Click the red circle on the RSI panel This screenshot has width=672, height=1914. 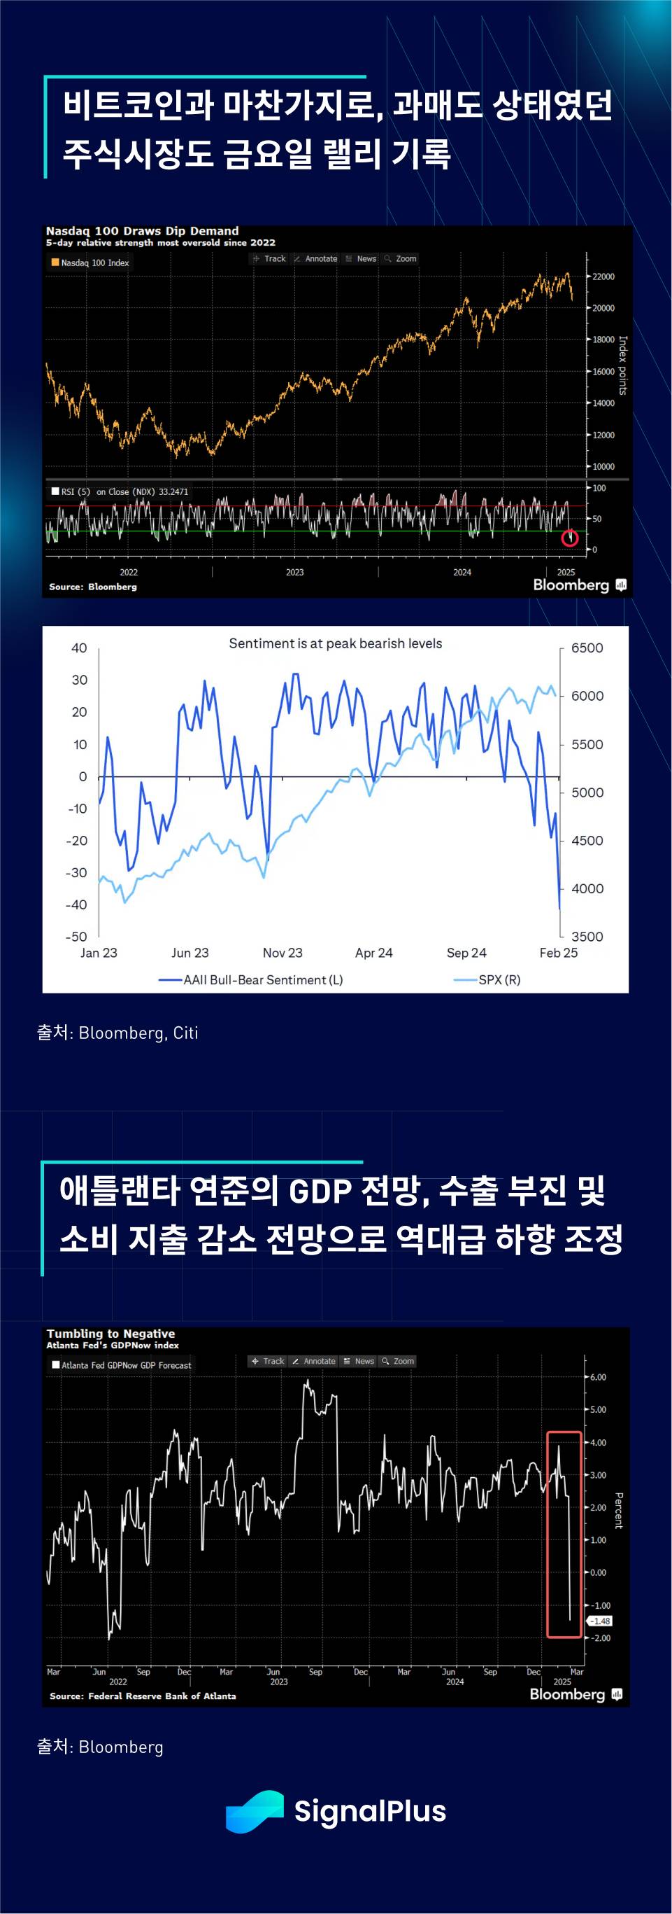coord(569,537)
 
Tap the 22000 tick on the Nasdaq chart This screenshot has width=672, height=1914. coord(602,277)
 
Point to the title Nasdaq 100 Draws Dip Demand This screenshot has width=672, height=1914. coord(142,230)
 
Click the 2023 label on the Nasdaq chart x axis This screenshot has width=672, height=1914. coord(295,572)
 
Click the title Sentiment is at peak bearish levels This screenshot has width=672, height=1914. coord(335,643)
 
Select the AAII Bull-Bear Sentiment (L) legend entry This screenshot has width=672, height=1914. coord(252,979)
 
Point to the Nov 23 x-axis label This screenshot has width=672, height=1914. coord(283,953)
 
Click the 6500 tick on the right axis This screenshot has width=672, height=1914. coord(587,648)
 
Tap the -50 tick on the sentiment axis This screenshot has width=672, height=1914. coord(76,937)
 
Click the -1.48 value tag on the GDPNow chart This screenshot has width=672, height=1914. coord(600,1621)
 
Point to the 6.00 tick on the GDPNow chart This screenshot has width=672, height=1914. coord(598,1377)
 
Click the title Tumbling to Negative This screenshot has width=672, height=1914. coord(110,1333)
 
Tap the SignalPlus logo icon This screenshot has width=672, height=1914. coord(254,1810)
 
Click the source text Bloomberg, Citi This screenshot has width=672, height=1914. coord(138,1033)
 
